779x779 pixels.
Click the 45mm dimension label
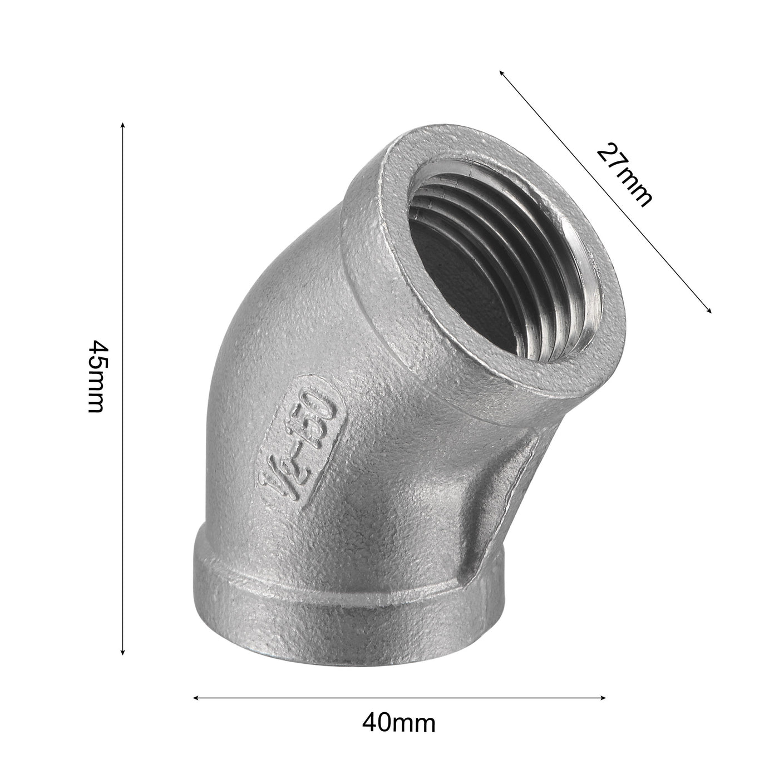[x=96, y=376]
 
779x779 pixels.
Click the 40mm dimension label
[x=398, y=723]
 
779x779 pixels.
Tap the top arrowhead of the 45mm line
[x=123, y=124]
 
